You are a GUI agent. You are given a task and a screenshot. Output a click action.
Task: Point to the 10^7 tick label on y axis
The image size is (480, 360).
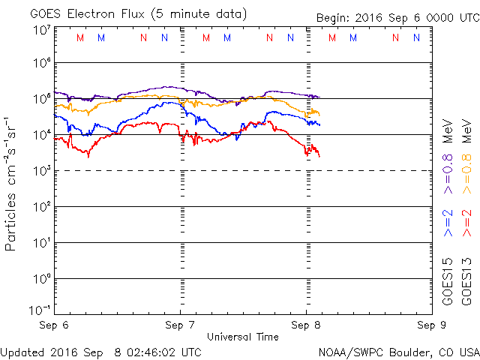41,29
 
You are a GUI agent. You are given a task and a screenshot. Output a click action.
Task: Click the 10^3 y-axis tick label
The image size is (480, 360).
41,170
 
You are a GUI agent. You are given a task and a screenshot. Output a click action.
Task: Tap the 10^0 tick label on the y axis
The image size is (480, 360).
41,278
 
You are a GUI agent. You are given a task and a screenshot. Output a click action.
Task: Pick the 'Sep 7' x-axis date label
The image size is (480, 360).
180,326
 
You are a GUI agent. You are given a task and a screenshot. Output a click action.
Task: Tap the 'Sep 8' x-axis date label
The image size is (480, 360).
306,326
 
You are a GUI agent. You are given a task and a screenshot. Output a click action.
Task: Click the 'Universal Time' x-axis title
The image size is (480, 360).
243,337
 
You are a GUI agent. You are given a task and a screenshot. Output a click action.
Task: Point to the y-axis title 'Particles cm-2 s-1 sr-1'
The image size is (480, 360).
12,183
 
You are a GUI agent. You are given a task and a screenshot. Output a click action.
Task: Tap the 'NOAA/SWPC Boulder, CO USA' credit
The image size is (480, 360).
398,351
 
